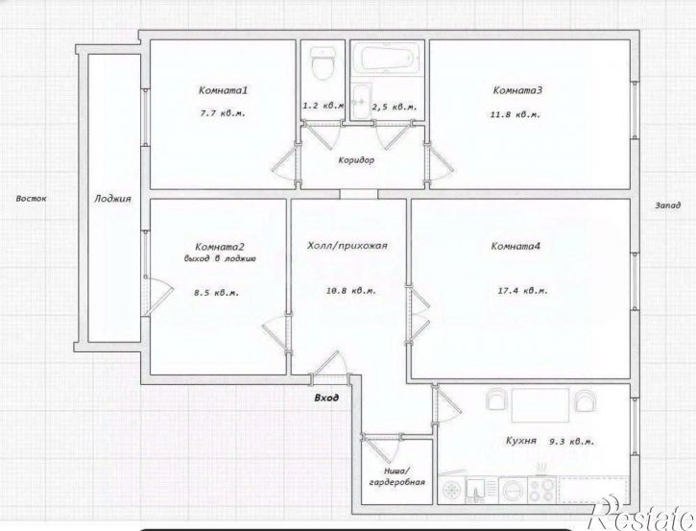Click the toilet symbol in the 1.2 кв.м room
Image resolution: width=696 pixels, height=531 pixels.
pos(324,63)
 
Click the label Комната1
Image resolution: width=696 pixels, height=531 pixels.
pos(223,90)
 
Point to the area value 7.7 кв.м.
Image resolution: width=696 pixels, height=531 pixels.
pos(223,113)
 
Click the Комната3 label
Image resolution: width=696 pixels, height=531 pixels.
pos(517,90)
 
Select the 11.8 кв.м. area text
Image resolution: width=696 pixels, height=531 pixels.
pos(516,114)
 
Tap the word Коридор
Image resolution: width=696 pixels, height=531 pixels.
pos(356,159)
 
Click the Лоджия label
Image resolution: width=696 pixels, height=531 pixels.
pos(112,199)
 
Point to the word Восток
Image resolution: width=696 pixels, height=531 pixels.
pos(31,199)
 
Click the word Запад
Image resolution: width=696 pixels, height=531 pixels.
pos(667,205)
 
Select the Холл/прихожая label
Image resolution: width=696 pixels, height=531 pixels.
pos(348,246)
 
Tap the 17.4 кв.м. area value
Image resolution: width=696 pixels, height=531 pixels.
pos(523,291)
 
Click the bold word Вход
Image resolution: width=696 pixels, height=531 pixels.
pos(326,398)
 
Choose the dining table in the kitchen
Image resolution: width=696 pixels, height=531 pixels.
pos(540,405)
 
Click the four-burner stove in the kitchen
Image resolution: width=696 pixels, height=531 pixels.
pos(542,490)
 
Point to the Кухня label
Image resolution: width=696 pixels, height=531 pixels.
pos(521,441)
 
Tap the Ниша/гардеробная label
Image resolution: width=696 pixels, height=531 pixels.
pos(396,477)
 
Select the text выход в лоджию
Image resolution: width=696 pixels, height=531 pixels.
pos(219,258)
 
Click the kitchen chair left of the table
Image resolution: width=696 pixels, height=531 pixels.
pos(496,399)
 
